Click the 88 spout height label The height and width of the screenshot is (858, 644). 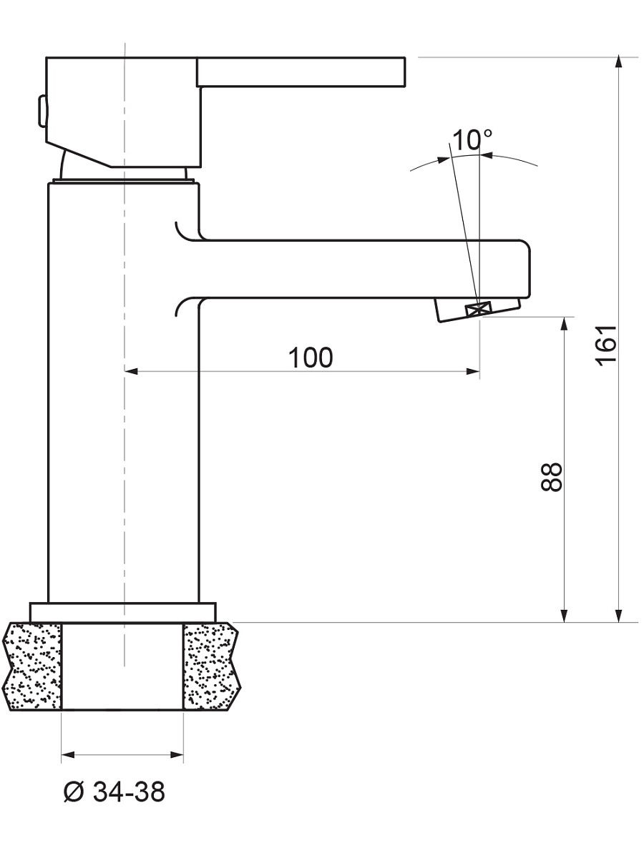[551, 477]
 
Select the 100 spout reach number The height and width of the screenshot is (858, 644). [311, 357]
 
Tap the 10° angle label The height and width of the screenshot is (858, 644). [472, 139]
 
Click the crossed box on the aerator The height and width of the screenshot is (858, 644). [478, 310]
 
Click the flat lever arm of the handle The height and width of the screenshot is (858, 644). [301, 72]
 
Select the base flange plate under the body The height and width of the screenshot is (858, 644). [123, 613]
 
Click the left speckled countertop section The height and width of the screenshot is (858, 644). [33, 666]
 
